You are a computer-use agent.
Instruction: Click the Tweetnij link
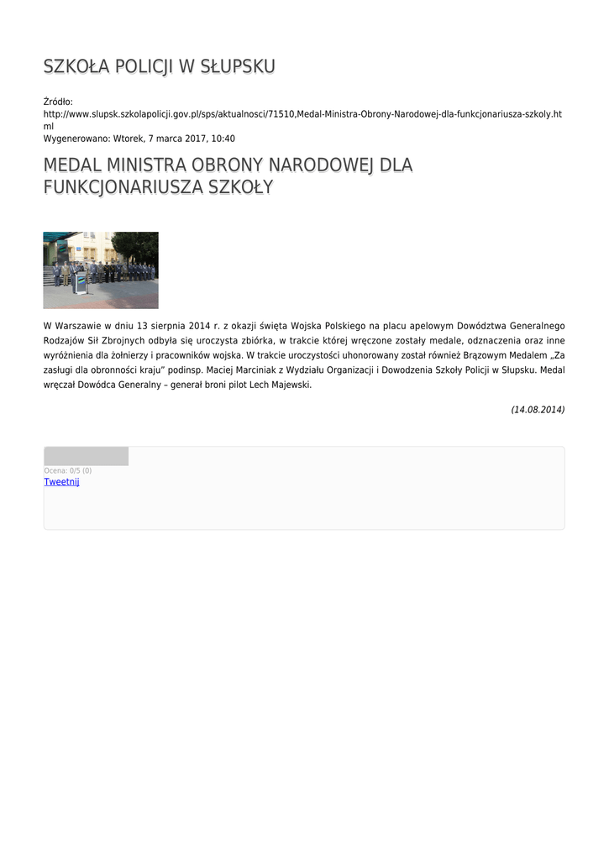(61, 482)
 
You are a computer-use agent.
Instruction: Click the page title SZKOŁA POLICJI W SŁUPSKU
(159, 67)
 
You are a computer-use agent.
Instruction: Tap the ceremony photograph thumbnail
(101, 270)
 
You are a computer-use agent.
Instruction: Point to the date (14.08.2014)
(538, 410)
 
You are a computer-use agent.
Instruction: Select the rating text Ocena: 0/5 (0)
(68, 470)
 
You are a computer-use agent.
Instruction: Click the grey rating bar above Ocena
(86, 456)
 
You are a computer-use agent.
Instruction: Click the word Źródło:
(58, 102)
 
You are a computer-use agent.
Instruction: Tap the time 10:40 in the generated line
(223, 139)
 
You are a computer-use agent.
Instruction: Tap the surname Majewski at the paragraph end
(286, 385)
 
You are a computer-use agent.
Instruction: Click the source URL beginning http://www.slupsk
(302, 113)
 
